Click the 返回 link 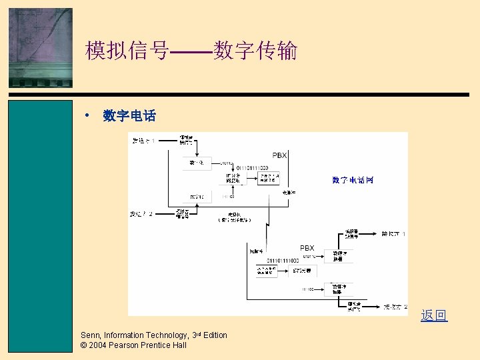434,315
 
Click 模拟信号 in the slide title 127,51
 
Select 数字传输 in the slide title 255,51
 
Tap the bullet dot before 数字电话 86,115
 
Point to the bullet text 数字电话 129,116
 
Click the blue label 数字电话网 353,180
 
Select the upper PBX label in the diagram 279,155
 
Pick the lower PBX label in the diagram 307,248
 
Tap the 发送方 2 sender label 141,214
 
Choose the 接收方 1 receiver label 393,234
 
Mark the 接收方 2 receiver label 395,307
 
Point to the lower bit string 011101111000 283,260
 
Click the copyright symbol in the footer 83,345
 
